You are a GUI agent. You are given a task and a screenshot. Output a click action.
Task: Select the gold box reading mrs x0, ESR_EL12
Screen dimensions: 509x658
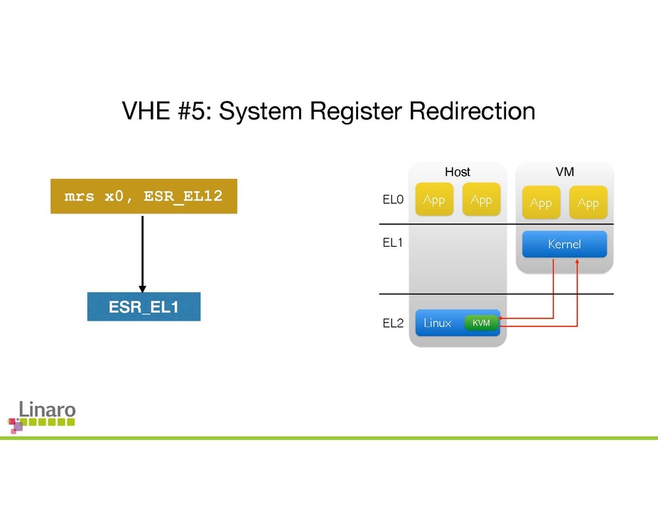pyautogui.click(x=144, y=196)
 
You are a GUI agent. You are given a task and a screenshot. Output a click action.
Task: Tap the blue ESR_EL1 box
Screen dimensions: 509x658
pyautogui.click(x=144, y=307)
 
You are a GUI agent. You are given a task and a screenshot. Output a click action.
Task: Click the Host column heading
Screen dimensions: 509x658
pyautogui.click(x=458, y=172)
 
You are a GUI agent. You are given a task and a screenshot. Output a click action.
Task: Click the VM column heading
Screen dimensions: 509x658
pyautogui.click(x=565, y=171)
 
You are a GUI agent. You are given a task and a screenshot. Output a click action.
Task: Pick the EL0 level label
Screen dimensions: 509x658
pyautogui.click(x=393, y=200)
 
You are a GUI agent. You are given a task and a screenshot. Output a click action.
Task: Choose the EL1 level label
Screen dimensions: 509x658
pyautogui.click(x=393, y=243)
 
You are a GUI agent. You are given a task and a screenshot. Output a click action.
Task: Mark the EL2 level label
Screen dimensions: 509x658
pyautogui.click(x=393, y=323)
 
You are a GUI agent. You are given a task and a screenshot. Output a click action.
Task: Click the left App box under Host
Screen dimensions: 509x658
pyautogui.click(x=434, y=200)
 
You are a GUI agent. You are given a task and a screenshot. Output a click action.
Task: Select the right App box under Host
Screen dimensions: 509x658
pyautogui.click(x=481, y=200)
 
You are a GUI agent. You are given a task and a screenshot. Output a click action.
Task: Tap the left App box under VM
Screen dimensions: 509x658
pyautogui.click(x=541, y=203)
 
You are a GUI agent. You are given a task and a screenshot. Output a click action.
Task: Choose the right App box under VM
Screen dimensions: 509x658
pyautogui.click(x=588, y=203)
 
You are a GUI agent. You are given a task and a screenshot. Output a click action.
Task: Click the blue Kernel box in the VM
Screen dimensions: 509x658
pyautogui.click(x=564, y=245)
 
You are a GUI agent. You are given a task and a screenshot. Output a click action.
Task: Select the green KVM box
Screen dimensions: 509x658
pyautogui.click(x=481, y=323)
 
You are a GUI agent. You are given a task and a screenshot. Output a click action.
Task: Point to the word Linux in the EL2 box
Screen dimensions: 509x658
pyautogui.click(x=437, y=323)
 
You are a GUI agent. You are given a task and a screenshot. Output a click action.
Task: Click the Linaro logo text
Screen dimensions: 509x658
pyautogui.click(x=47, y=409)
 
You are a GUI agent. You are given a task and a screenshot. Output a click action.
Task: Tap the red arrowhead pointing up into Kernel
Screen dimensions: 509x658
pyautogui.click(x=577, y=262)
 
